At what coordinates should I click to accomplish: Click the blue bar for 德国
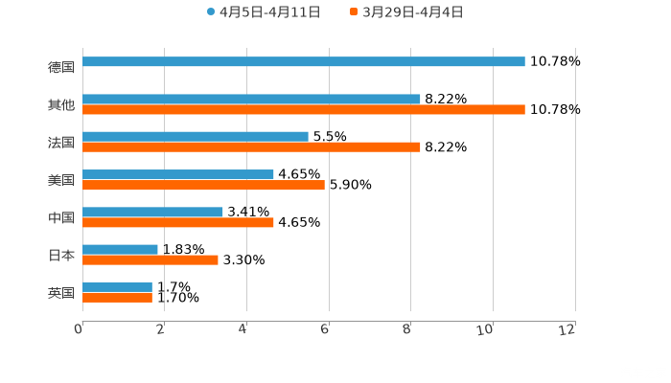(304, 61)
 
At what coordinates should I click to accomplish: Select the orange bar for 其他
(304, 110)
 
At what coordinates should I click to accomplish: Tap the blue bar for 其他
(251, 99)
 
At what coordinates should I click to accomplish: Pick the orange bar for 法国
(251, 147)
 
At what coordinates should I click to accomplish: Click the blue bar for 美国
(178, 174)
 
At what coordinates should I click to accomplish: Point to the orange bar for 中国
(178, 222)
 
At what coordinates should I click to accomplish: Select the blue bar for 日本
(120, 249)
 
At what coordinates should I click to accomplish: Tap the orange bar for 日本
(150, 259)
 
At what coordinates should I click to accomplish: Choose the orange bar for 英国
(117, 298)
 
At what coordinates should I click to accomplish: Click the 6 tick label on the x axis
(326, 329)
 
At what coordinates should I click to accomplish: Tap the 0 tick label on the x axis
(79, 329)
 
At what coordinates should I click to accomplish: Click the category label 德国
(61, 67)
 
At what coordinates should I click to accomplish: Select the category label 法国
(61, 142)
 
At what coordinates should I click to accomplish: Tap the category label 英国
(61, 292)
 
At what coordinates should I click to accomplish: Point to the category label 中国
(61, 217)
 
